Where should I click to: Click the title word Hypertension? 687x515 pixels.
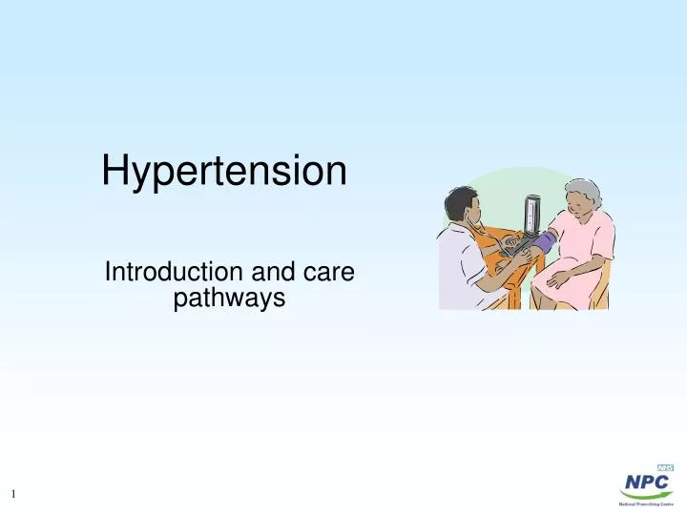[x=224, y=173]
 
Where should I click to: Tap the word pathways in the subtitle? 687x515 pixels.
[x=229, y=299]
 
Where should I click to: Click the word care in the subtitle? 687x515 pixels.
[x=330, y=273]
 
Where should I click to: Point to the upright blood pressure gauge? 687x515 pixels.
[x=530, y=215]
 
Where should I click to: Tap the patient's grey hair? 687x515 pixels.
[x=583, y=192]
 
